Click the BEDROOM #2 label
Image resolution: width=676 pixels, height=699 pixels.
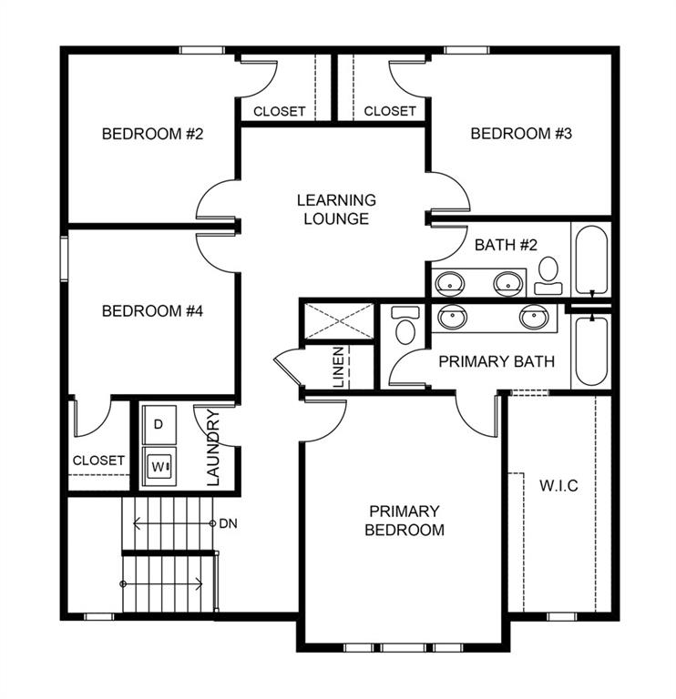point(152,134)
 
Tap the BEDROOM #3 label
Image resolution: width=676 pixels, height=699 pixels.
point(520,134)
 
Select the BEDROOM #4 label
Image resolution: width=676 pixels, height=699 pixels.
point(152,311)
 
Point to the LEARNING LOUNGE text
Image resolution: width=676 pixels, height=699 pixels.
point(336,209)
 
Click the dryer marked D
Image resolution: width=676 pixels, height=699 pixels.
point(159,424)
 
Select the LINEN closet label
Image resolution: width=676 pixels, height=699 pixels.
point(339,367)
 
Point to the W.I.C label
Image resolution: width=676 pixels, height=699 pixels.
point(558,486)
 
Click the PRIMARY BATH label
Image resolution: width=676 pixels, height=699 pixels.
point(497,361)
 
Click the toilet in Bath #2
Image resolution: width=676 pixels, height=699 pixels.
point(548,274)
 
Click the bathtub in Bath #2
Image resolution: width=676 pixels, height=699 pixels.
point(590,258)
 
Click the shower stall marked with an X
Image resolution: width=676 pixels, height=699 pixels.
point(338,320)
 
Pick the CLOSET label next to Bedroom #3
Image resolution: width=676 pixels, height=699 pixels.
point(390,111)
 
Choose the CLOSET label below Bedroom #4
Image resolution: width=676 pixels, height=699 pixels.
point(98,461)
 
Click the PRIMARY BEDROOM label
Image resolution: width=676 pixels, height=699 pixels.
point(404,521)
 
